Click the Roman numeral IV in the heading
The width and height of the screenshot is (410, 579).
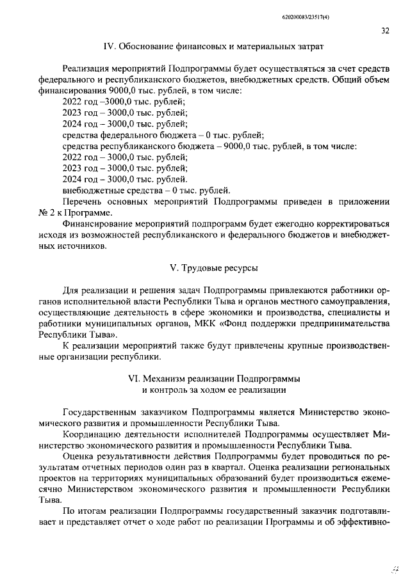coord(109,46)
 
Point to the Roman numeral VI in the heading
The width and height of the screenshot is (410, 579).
coord(136,378)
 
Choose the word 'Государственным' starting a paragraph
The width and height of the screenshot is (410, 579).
coord(99,412)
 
